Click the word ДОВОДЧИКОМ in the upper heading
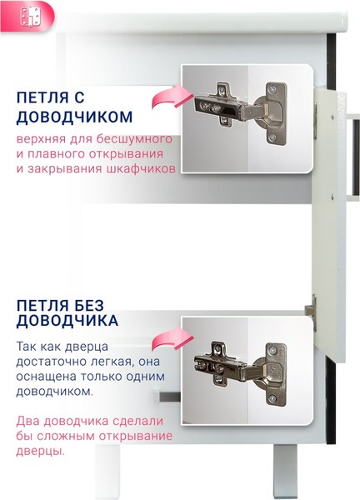74,116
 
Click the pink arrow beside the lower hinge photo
167,341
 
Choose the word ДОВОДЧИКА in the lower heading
67,319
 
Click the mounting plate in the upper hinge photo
215,105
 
